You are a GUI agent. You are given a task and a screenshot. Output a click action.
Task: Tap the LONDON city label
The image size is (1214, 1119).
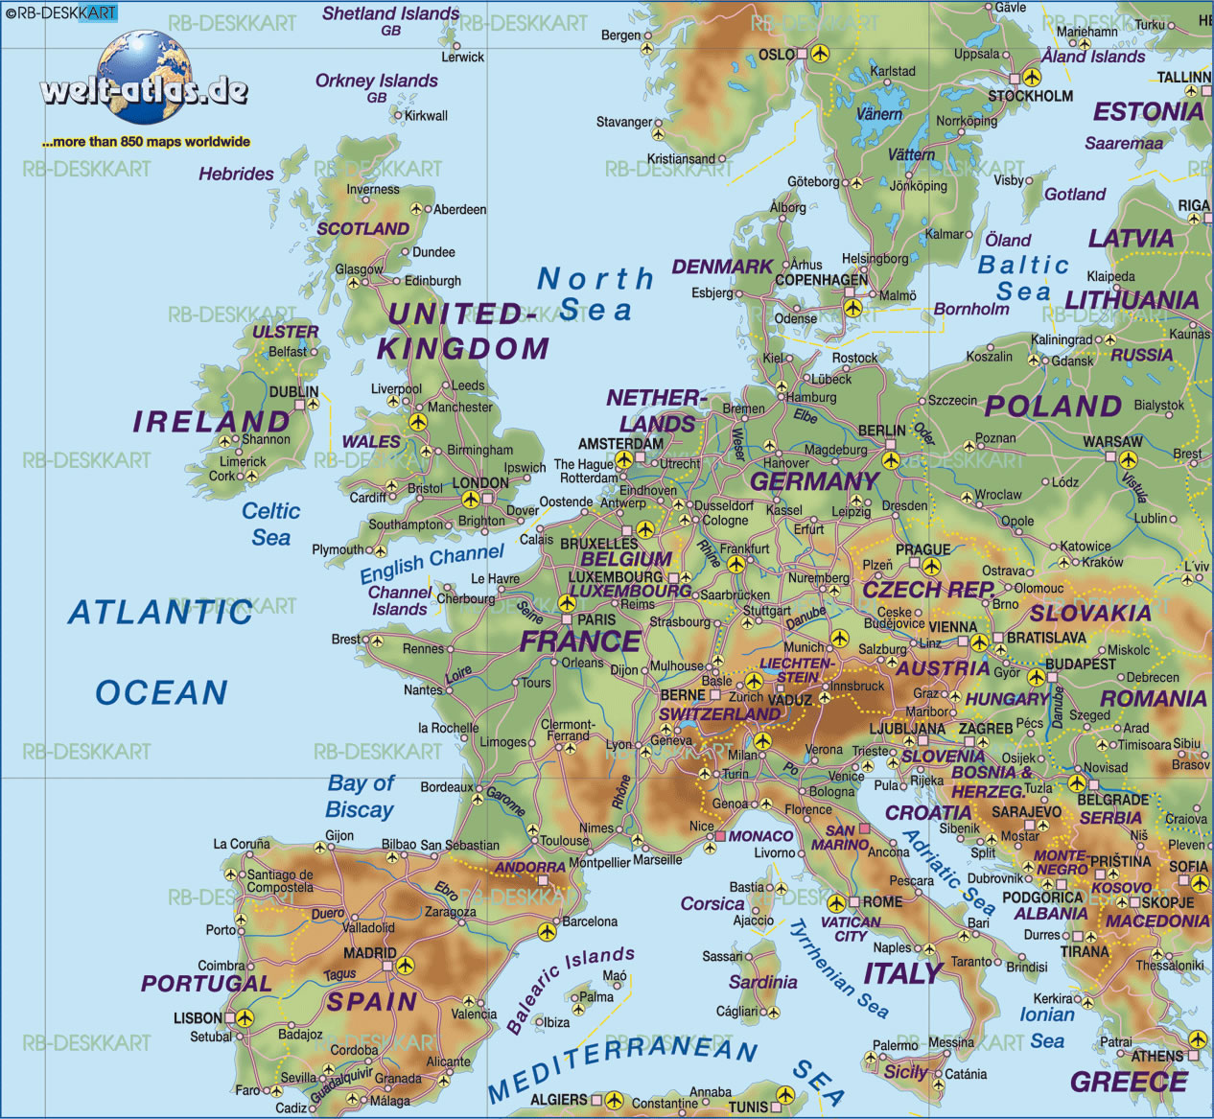point(479,482)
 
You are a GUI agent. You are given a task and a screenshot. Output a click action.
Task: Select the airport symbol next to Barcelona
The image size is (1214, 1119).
point(548,931)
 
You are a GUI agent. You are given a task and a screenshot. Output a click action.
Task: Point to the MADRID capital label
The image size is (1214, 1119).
point(369,953)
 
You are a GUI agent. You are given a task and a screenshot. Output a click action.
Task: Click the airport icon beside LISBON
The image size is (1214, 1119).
point(245,1018)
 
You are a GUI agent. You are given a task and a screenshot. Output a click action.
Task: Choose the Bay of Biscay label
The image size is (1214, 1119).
point(361,797)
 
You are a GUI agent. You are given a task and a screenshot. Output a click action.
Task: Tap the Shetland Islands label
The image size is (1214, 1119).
point(390,13)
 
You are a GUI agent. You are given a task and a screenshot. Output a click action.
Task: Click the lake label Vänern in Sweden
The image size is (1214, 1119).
point(878,114)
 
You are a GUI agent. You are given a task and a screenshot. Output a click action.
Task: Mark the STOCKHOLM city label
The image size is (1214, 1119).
point(1030,96)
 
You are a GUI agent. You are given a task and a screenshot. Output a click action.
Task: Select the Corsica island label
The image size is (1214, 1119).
point(712,903)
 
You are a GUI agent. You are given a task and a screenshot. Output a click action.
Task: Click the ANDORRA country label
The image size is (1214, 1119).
point(530,867)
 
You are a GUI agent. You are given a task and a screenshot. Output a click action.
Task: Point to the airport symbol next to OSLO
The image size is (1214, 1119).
point(819,54)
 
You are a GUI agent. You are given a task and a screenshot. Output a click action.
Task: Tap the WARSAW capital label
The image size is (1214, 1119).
point(1112,442)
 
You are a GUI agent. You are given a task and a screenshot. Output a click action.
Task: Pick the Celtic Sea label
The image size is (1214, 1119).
point(270,525)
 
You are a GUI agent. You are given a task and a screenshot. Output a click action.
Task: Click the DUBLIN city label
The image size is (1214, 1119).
point(293,391)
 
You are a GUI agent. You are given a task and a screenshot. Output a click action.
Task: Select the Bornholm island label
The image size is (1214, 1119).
point(971,309)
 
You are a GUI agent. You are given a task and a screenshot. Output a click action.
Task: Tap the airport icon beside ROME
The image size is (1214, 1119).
point(837,903)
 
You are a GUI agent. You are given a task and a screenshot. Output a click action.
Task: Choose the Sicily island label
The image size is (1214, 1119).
point(905,1072)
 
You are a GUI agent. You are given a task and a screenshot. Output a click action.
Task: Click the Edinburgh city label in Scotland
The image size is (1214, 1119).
point(432,281)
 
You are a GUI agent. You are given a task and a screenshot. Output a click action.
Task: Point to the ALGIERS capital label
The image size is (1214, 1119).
point(558,1099)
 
